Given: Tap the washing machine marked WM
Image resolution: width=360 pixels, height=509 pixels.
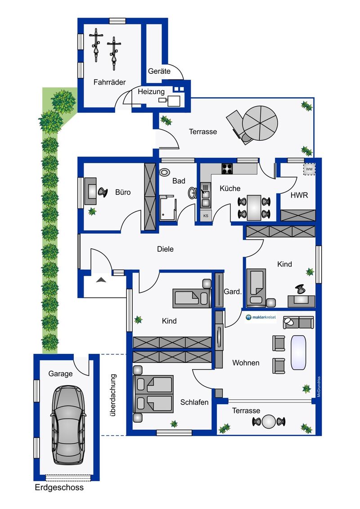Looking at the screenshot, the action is click(x=309, y=169).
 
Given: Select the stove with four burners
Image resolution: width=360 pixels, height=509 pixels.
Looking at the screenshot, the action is click(x=227, y=169).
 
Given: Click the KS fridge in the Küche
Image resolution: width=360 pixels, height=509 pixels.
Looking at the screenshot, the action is click(x=206, y=215).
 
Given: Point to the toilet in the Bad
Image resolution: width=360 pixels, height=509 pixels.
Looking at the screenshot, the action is click(x=165, y=172).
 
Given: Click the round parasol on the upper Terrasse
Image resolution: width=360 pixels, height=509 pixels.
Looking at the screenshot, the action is click(x=260, y=123).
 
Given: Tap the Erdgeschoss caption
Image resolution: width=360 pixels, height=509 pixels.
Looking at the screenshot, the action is click(x=59, y=487).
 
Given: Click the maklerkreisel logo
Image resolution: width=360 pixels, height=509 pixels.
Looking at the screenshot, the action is click(x=261, y=317).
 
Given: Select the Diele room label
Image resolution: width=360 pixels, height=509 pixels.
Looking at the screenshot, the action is click(x=165, y=249).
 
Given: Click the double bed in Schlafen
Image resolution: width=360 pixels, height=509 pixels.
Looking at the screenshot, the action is click(x=153, y=394).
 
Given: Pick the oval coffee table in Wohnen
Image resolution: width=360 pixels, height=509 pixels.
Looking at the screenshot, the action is click(x=298, y=352).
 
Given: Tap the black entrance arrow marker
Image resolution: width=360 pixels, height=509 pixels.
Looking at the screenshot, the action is click(x=101, y=279).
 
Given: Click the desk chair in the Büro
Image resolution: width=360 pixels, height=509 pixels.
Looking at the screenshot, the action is click(x=103, y=192).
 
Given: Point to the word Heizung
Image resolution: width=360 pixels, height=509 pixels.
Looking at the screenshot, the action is click(x=151, y=92).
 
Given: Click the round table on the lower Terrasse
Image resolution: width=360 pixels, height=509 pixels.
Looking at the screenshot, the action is click(x=269, y=422).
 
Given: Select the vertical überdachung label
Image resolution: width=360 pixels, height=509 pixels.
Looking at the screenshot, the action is click(x=113, y=395).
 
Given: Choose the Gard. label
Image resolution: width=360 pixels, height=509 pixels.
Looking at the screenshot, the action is click(x=233, y=291).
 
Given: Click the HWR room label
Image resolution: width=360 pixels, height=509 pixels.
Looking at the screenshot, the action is click(x=299, y=195).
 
